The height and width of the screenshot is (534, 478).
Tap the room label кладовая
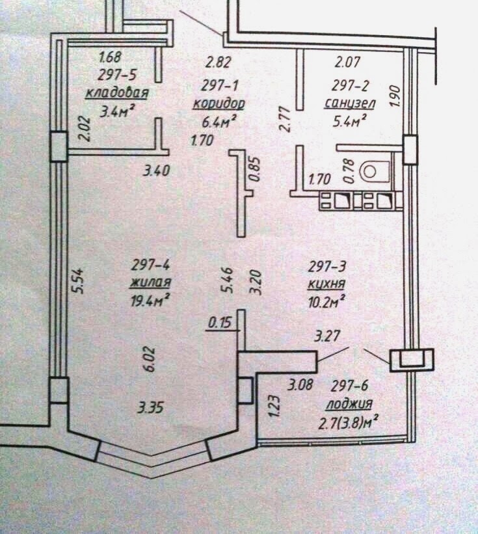point(117,93)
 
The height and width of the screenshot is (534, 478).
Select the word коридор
point(219,104)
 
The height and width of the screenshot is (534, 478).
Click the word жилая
point(150,282)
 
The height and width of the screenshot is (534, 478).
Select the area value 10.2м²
point(325,300)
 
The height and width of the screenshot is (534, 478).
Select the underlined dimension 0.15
point(219,322)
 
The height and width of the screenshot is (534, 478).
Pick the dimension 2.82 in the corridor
point(218,63)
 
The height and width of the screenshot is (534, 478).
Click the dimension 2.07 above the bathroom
point(347,64)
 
